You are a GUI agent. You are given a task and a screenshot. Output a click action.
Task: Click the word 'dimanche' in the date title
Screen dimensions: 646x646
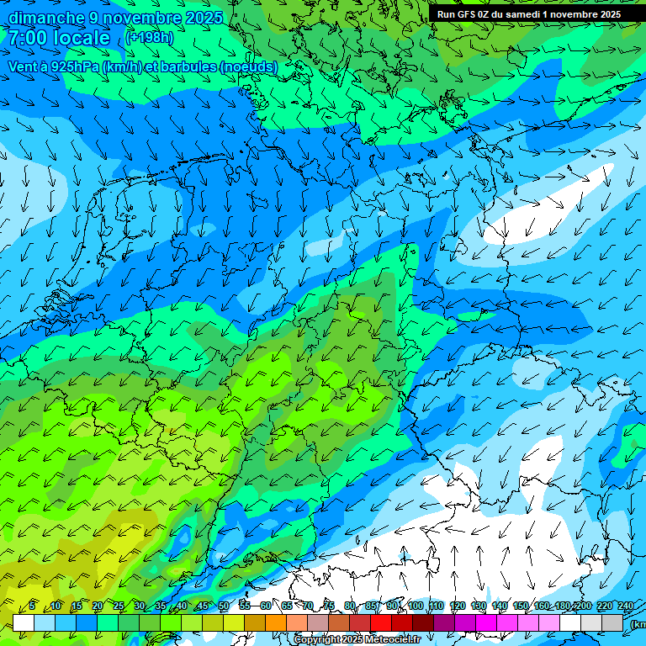pos(45,18)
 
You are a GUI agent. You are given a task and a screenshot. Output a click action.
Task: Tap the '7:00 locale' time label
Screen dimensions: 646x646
pos(59,38)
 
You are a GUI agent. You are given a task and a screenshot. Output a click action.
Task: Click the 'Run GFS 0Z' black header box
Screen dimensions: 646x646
pos(528,14)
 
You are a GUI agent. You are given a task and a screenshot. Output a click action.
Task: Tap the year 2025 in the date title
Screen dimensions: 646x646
pos(204,18)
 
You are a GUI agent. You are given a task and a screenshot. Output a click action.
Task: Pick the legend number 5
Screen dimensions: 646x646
pos(32,606)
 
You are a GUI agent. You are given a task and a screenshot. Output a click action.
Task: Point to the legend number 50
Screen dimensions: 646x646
pos(224,606)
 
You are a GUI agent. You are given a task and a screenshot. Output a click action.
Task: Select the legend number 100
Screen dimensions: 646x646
pos(416,606)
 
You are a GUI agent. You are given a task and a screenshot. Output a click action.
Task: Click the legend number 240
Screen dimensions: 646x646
pos(626,606)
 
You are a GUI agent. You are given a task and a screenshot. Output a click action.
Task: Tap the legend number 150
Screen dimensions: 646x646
pos(521,606)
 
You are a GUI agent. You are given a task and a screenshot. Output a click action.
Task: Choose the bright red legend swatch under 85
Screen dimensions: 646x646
pos(381,622)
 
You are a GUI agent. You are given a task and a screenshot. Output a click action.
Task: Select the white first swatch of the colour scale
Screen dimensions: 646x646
pos(24,622)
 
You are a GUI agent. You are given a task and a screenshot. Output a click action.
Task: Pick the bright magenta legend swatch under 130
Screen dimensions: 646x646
pos(486,622)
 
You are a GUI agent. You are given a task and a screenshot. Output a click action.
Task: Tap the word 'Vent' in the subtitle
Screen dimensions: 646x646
pos(24,66)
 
